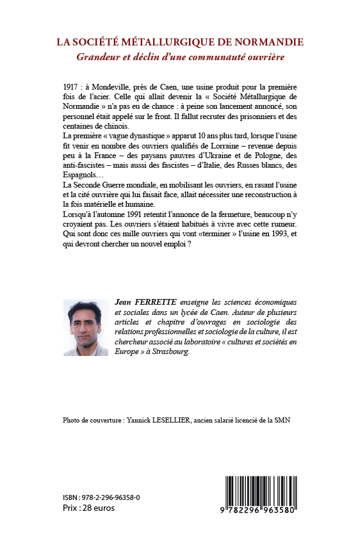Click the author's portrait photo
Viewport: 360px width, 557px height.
(x=86, y=328)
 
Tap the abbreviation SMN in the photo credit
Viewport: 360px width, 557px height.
(x=290, y=421)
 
